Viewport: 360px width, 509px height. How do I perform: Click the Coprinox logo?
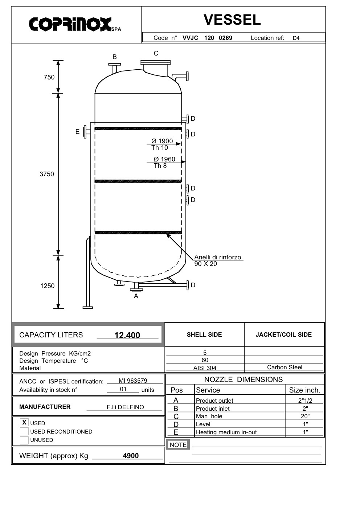75,24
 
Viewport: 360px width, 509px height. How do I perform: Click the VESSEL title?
232,20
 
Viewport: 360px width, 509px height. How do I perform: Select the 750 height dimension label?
49,77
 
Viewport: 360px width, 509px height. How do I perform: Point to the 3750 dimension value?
47,174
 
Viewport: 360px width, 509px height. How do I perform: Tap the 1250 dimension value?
47,286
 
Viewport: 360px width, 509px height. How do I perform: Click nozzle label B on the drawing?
115,57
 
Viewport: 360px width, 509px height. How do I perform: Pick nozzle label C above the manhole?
156,53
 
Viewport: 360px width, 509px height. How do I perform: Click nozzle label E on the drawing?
77,132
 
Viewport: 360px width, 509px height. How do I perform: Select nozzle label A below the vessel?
136,296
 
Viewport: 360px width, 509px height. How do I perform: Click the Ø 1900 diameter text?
162,141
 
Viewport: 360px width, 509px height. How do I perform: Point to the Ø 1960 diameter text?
164,159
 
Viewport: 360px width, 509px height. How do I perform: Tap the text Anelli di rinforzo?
217,257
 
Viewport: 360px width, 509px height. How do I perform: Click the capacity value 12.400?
127,335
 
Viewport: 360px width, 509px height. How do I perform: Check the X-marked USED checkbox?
24,422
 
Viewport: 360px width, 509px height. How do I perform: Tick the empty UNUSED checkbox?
24,440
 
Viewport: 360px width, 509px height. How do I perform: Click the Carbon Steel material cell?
285,367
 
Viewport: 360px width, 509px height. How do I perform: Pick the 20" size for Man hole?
305,416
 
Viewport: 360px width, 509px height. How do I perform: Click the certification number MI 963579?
133,380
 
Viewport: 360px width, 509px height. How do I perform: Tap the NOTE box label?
178,445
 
